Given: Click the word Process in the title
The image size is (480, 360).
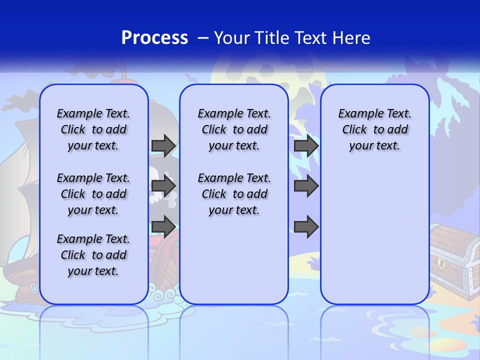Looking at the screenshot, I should click(x=154, y=38).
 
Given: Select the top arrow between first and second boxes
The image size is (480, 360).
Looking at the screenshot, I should click(x=163, y=145).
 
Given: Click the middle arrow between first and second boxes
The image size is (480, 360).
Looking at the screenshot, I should click(x=163, y=186).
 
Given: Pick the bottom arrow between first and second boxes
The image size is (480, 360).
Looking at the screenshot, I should click(x=163, y=226).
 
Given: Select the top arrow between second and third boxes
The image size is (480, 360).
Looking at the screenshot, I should click(x=306, y=145).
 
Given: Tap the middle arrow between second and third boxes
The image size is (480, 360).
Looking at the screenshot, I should click(x=306, y=186).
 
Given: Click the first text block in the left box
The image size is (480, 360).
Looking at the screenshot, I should click(x=93, y=129).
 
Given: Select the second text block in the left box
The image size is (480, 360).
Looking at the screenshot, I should click(x=93, y=194).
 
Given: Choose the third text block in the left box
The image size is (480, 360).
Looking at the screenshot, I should click(x=93, y=255).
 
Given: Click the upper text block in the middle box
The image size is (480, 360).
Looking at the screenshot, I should click(x=234, y=129).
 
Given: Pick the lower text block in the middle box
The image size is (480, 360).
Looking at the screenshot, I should click(x=234, y=194).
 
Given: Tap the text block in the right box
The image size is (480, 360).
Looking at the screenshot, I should click(x=374, y=129).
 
